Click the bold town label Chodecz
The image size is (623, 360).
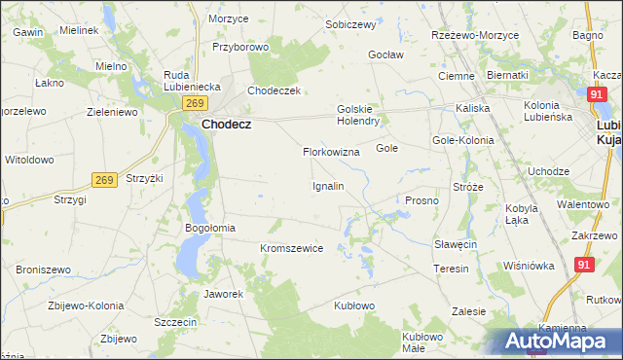229,125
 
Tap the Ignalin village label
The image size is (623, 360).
327,185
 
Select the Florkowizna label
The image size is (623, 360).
331,153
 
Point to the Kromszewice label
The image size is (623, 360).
291,248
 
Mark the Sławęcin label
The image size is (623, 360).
455,244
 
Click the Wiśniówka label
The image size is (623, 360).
529,265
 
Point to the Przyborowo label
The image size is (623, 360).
239,46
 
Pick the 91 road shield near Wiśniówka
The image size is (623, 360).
584,264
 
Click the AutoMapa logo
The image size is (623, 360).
559,341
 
